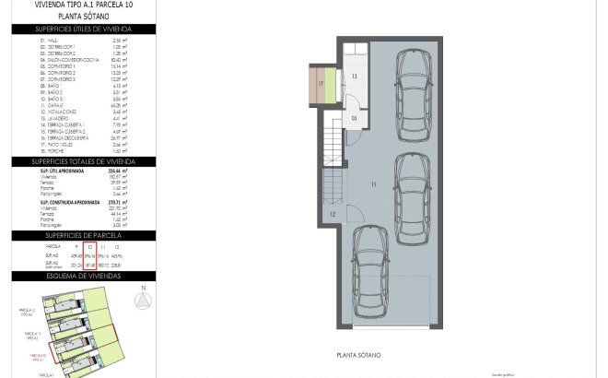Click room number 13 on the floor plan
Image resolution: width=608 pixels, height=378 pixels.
(353, 78)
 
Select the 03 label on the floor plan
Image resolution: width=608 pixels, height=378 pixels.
(354, 118)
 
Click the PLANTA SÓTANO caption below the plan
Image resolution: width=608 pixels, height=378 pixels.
(360, 354)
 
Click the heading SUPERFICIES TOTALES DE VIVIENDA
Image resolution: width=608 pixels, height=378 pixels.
(81, 160)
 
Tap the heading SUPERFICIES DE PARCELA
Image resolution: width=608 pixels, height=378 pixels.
(81, 236)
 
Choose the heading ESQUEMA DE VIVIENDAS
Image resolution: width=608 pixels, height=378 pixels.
(81, 276)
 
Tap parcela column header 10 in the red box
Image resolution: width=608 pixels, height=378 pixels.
(89, 247)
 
